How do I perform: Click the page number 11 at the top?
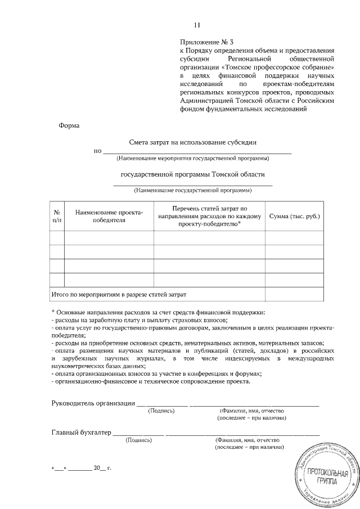coord(197,25)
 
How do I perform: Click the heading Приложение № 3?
coord(202,42)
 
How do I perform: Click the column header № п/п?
coord(57,216)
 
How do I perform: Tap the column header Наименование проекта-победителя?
coord(110,216)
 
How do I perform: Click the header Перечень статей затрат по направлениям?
coord(210,216)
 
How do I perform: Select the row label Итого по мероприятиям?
coord(119,294)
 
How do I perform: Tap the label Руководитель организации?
coord(93,402)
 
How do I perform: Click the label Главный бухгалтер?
coord(81,432)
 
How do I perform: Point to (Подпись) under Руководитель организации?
coord(161,411)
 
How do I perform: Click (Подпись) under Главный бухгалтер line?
coord(138,440)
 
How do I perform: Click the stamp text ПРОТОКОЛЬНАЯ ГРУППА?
coord(326,476)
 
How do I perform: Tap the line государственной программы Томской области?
coord(193,174)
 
